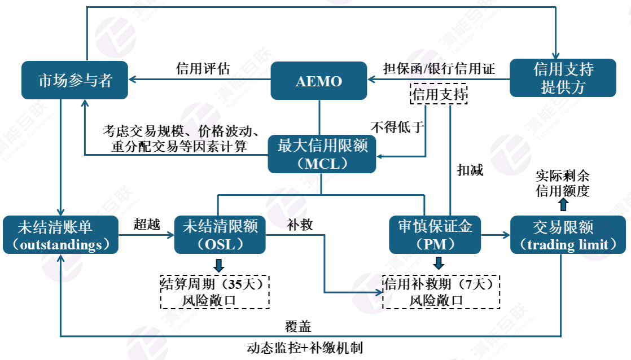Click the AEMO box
319,81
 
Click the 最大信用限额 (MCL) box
322,154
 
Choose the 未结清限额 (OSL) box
220,235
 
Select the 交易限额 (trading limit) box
568,235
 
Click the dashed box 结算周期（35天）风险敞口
215,292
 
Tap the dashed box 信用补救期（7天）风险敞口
441,292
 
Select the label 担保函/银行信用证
439,69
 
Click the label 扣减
470,170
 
